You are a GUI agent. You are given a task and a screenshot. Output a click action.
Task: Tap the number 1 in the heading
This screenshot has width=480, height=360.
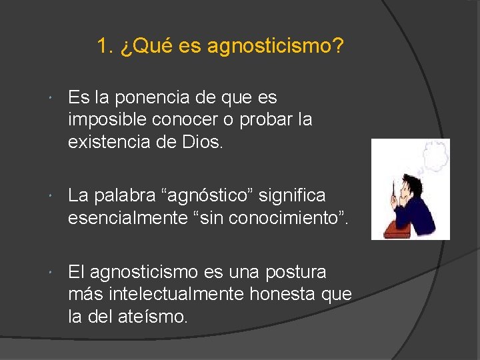(103, 47)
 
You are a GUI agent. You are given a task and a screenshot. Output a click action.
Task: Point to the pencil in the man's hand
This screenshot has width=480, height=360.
(395, 193)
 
